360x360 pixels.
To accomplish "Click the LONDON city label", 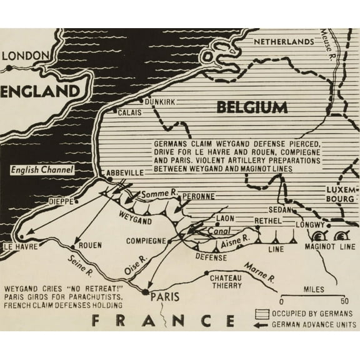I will click(x=26, y=56).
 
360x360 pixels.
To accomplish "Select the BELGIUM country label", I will click(x=252, y=107).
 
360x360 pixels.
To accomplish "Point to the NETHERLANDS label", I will click(x=282, y=41).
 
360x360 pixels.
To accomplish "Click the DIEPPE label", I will click(x=62, y=202).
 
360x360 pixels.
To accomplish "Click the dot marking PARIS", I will click(x=145, y=291).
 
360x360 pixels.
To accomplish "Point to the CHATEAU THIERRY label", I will click(x=226, y=281).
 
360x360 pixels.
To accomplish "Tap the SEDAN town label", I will click(x=277, y=211).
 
